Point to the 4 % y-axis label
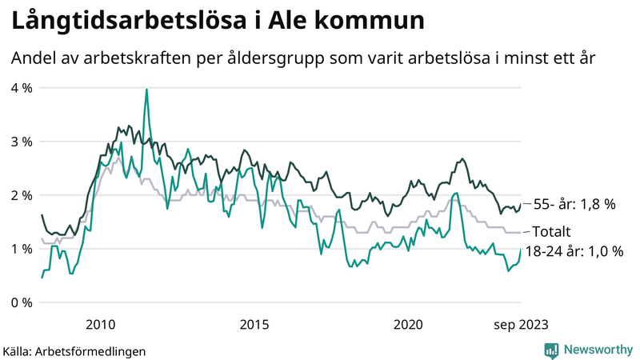21,88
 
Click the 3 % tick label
21,142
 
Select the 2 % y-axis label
21,195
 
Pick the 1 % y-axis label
21,249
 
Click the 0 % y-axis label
21,302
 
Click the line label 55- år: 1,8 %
574,205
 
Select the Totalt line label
551,232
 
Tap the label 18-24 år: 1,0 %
574,251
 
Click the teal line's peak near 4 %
146,90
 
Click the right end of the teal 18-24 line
521,250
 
